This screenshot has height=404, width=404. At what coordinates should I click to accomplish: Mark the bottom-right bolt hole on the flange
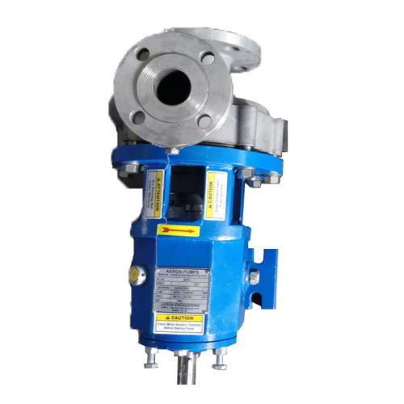point(204,120)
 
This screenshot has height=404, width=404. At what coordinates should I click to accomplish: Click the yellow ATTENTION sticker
point(154,195)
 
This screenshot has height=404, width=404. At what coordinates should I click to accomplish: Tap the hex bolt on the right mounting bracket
point(253,279)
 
